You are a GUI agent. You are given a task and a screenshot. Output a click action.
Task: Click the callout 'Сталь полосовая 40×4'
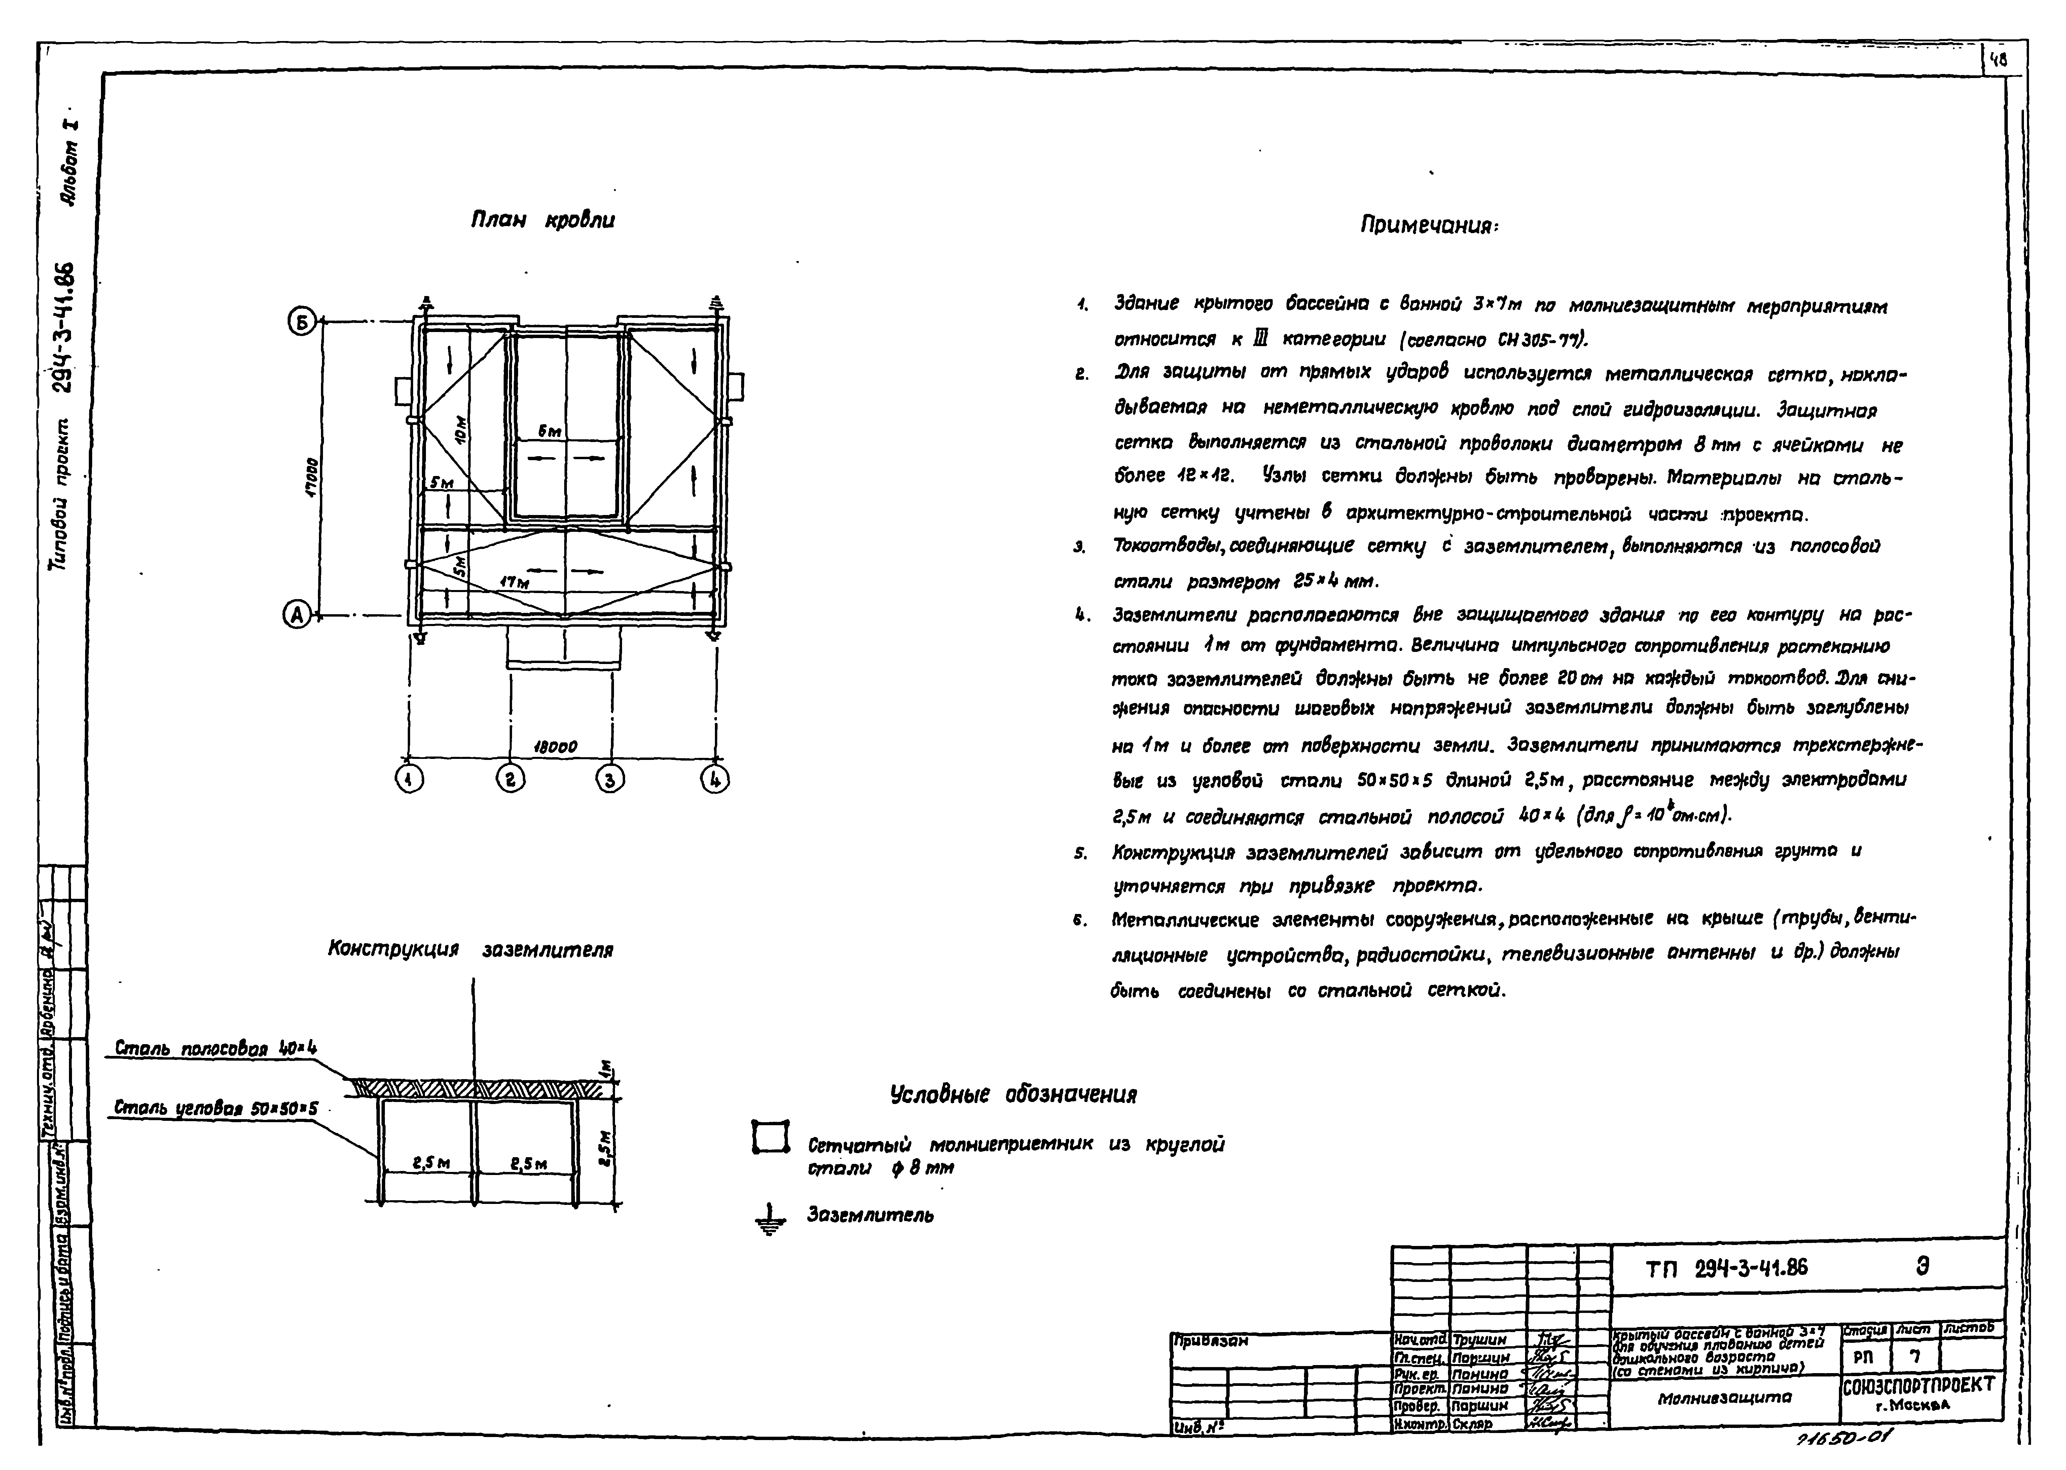click(x=215, y=1048)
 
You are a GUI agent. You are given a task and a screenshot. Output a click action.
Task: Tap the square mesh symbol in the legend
click(x=770, y=1137)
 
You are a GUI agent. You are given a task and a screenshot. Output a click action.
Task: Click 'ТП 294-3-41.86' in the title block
click(x=1727, y=1268)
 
